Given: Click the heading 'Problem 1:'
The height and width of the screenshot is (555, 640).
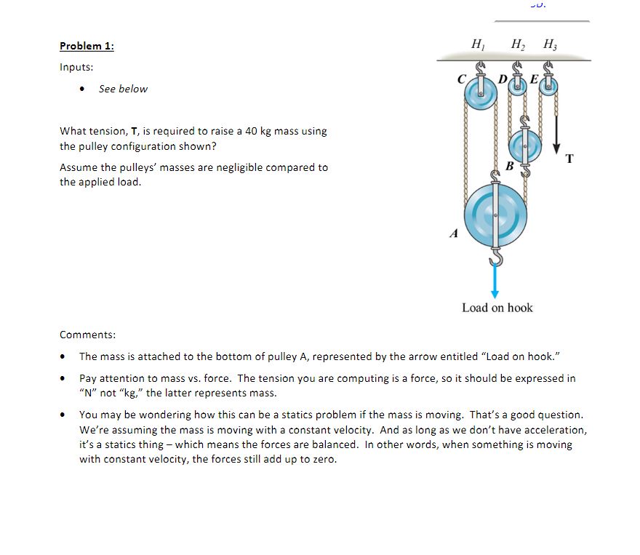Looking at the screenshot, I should tap(87, 46).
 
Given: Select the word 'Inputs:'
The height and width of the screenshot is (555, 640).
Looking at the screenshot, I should tap(76, 67).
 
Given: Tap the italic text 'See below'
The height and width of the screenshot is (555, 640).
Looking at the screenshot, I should tap(123, 89).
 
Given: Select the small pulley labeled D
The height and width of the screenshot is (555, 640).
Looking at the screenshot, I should tap(519, 85).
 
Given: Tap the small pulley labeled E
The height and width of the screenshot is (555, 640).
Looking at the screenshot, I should tap(548, 85).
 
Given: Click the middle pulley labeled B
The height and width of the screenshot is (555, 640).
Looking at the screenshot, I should tap(525, 148).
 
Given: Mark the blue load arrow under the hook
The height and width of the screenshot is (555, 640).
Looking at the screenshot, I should tap(495, 281).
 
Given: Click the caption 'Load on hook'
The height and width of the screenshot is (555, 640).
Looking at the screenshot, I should tap(497, 308).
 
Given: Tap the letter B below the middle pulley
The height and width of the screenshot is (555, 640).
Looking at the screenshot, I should tap(509, 167).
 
